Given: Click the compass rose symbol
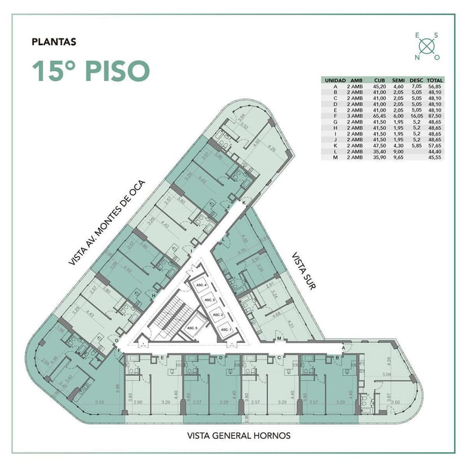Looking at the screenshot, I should (428, 46).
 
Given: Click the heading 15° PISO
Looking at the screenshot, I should (90, 71).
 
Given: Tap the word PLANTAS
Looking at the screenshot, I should (54, 41).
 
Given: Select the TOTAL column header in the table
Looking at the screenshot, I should (435, 80).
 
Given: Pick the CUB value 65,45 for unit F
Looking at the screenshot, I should (380, 115).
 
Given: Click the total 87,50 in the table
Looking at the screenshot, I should (435, 115).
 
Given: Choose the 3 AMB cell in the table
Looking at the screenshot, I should (356, 115).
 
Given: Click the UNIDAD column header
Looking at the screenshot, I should (335, 80).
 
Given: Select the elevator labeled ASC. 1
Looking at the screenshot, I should (226, 329).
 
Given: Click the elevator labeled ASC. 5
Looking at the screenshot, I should (192, 328).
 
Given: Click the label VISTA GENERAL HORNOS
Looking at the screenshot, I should (239, 435).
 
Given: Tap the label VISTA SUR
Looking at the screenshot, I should (303, 271).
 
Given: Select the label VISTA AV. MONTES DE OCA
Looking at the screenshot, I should (107, 223).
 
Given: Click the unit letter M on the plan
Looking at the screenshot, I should (280, 338).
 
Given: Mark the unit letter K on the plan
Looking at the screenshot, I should (244, 202).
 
